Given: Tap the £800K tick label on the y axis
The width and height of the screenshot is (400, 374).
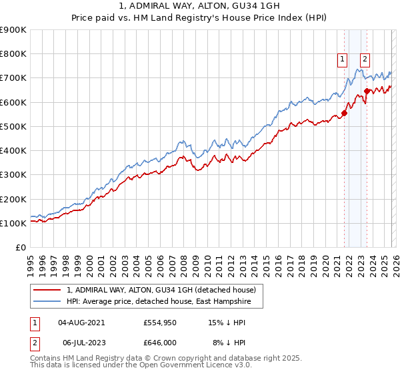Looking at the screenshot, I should [x=13, y=54].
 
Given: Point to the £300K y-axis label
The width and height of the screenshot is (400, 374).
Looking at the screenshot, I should [x=13, y=175].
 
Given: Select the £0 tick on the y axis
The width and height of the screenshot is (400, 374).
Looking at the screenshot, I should [x=21, y=248].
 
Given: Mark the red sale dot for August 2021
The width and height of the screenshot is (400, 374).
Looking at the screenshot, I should [x=345, y=113].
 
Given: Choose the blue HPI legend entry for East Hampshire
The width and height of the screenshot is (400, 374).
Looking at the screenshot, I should [x=160, y=301].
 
